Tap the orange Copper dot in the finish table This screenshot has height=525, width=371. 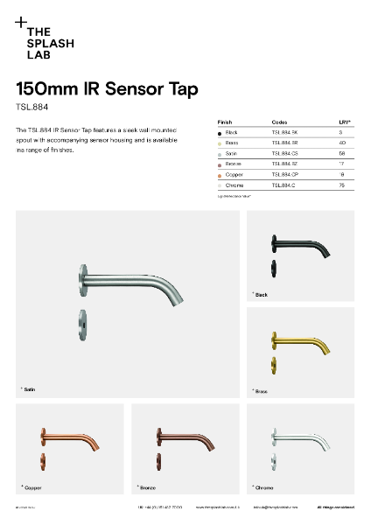tap(219, 174)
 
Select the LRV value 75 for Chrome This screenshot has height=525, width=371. tap(342, 185)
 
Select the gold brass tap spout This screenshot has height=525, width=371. tap(302, 342)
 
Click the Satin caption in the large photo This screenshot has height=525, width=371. tap(30, 388)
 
